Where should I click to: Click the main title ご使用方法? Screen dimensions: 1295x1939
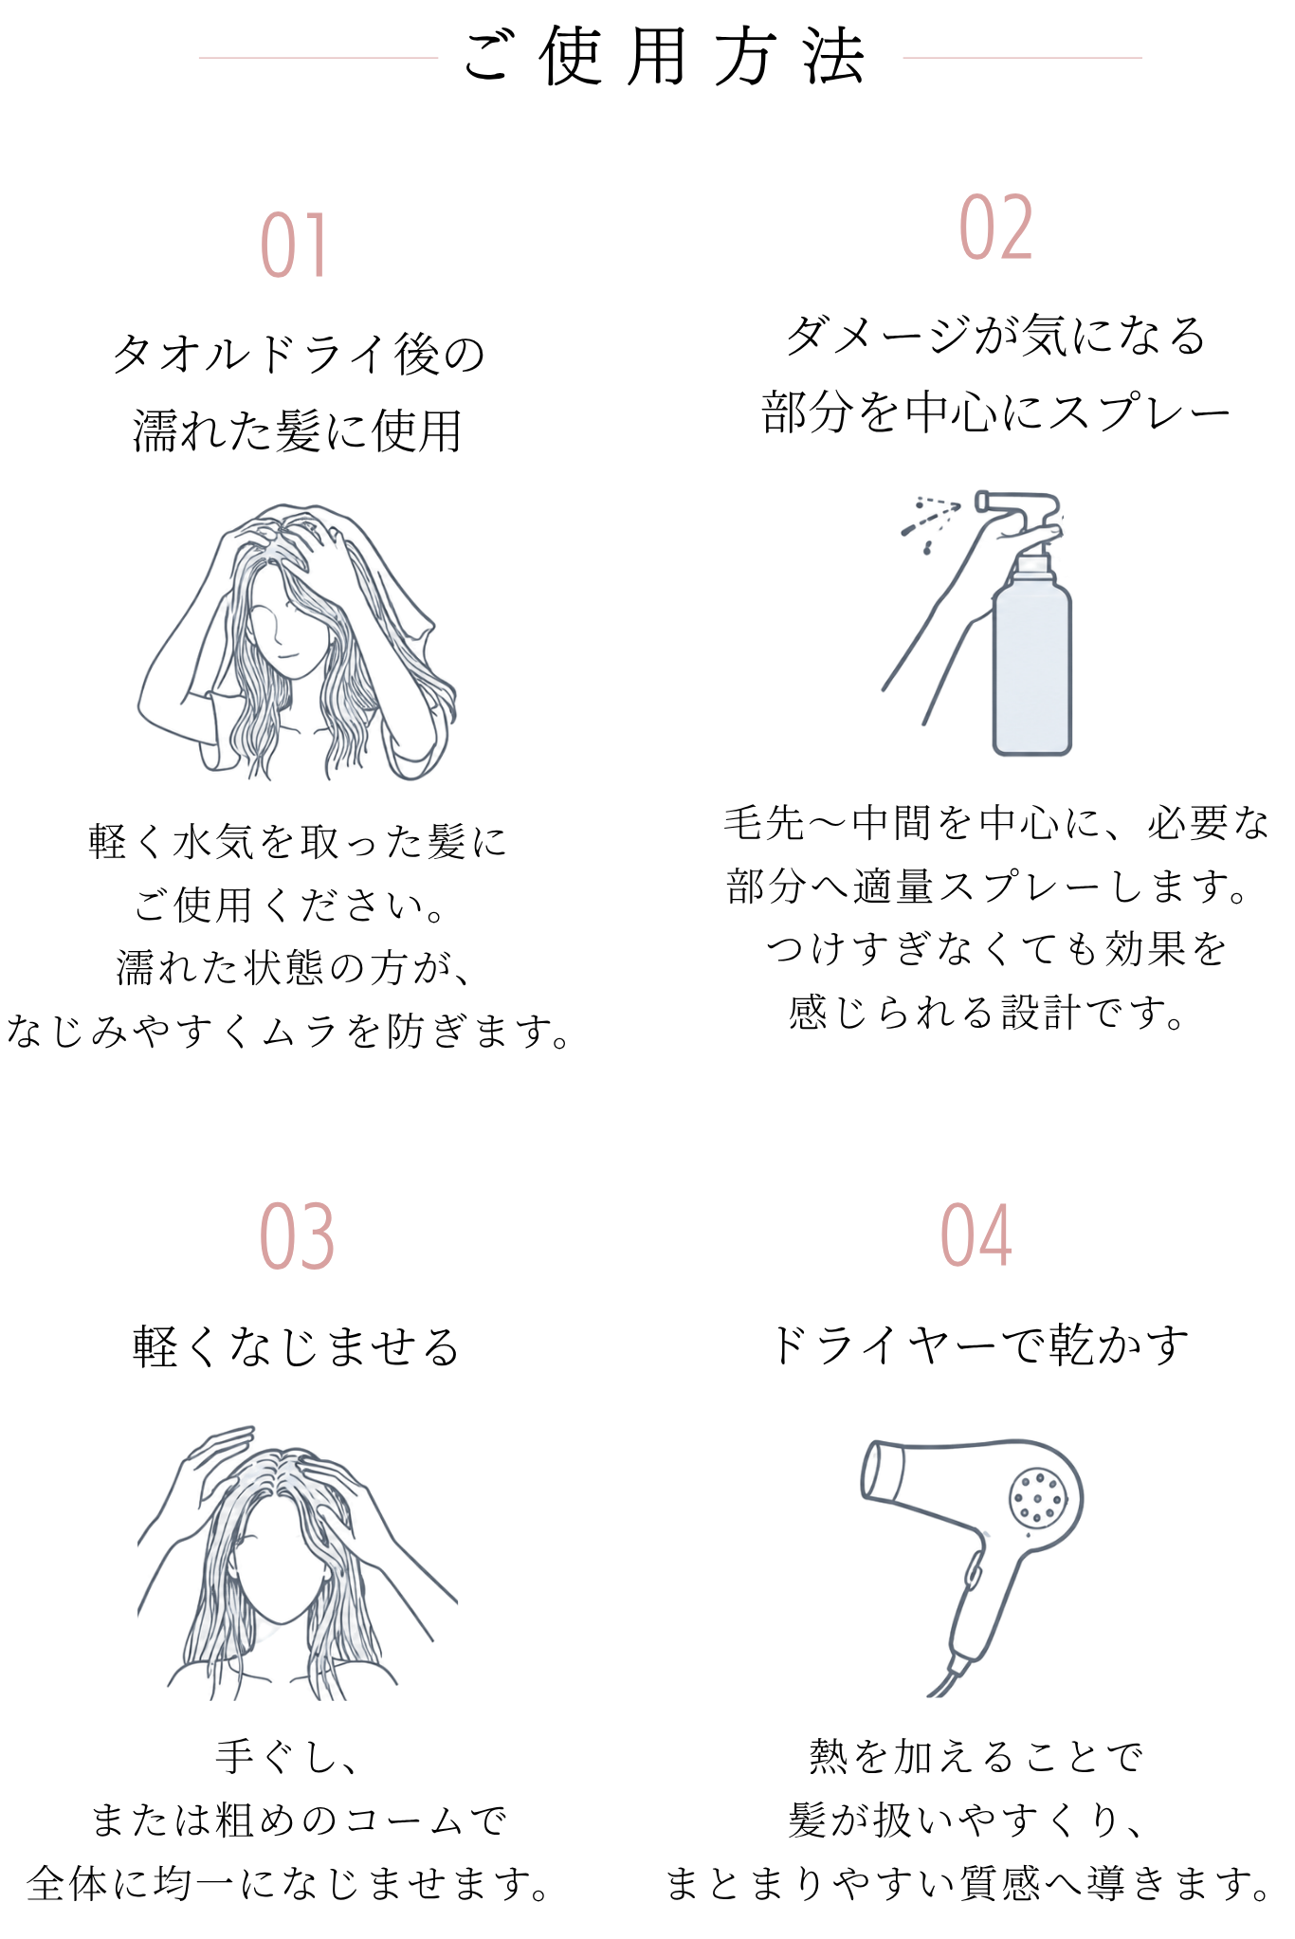(x=664, y=57)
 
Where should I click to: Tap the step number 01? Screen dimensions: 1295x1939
(x=295, y=246)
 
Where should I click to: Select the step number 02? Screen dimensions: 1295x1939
(x=995, y=228)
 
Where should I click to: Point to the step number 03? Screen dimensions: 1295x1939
(x=297, y=1236)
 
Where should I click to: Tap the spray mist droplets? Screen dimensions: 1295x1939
(x=929, y=521)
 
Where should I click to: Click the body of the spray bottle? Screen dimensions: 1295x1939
(x=1032, y=664)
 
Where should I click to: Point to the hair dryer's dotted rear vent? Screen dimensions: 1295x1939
(x=1037, y=1499)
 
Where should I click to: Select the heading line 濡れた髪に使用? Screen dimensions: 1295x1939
(x=297, y=431)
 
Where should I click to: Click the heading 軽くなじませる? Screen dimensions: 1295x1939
(x=297, y=1346)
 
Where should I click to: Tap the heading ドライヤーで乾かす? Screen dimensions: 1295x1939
(x=978, y=1344)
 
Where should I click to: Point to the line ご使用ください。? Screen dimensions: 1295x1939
(x=289, y=905)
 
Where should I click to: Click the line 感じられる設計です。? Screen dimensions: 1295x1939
(x=986, y=1013)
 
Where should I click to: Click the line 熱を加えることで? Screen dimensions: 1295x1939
(x=976, y=1757)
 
